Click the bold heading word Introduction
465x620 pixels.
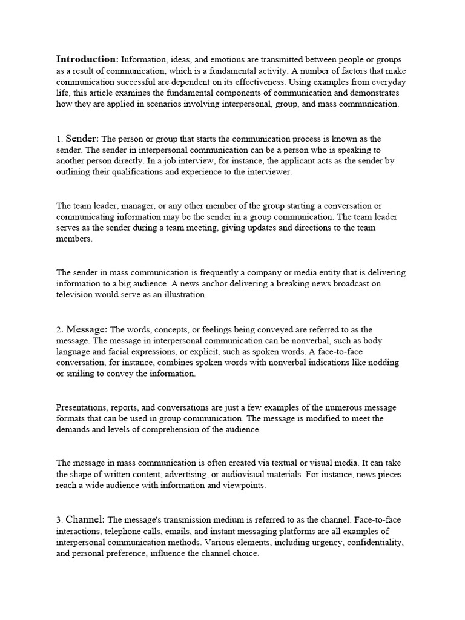(x=87, y=59)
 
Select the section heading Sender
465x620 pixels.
(x=82, y=139)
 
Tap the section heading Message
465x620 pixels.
(x=87, y=330)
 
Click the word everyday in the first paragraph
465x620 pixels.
(x=388, y=82)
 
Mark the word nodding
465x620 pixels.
(x=384, y=363)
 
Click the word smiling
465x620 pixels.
(x=81, y=374)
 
